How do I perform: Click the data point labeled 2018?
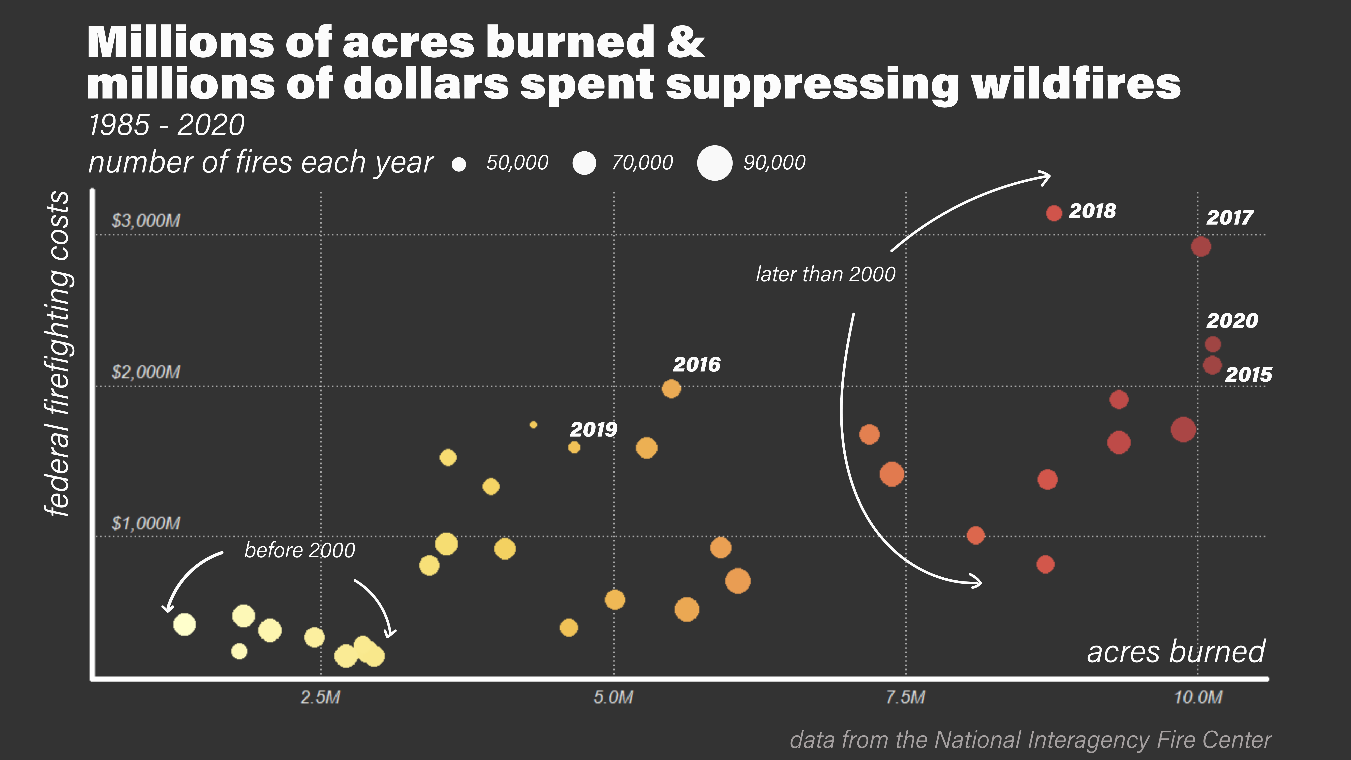point(1054,213)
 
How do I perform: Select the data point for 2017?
point(1200,246)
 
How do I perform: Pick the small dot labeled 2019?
point(574,447)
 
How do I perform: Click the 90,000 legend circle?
point(714,163)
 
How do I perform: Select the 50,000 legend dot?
point(459,164)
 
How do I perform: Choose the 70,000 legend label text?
point(642,163)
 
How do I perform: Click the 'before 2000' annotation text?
point(300,550)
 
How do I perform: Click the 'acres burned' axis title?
point(1176,652)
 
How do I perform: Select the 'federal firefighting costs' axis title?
point(58,354)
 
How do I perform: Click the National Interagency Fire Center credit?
point(1030,740)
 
